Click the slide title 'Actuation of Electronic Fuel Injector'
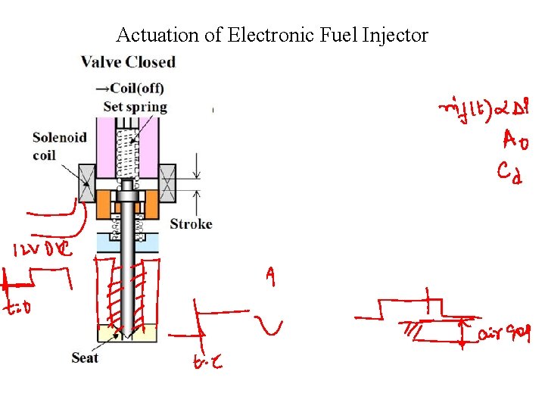(272, 36)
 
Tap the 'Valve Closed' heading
(128, 62)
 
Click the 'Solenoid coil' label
(54, 145)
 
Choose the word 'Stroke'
(191, 224)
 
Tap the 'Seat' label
(85, 357)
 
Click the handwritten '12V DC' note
(42, 249)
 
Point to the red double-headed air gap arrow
(462, 332)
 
